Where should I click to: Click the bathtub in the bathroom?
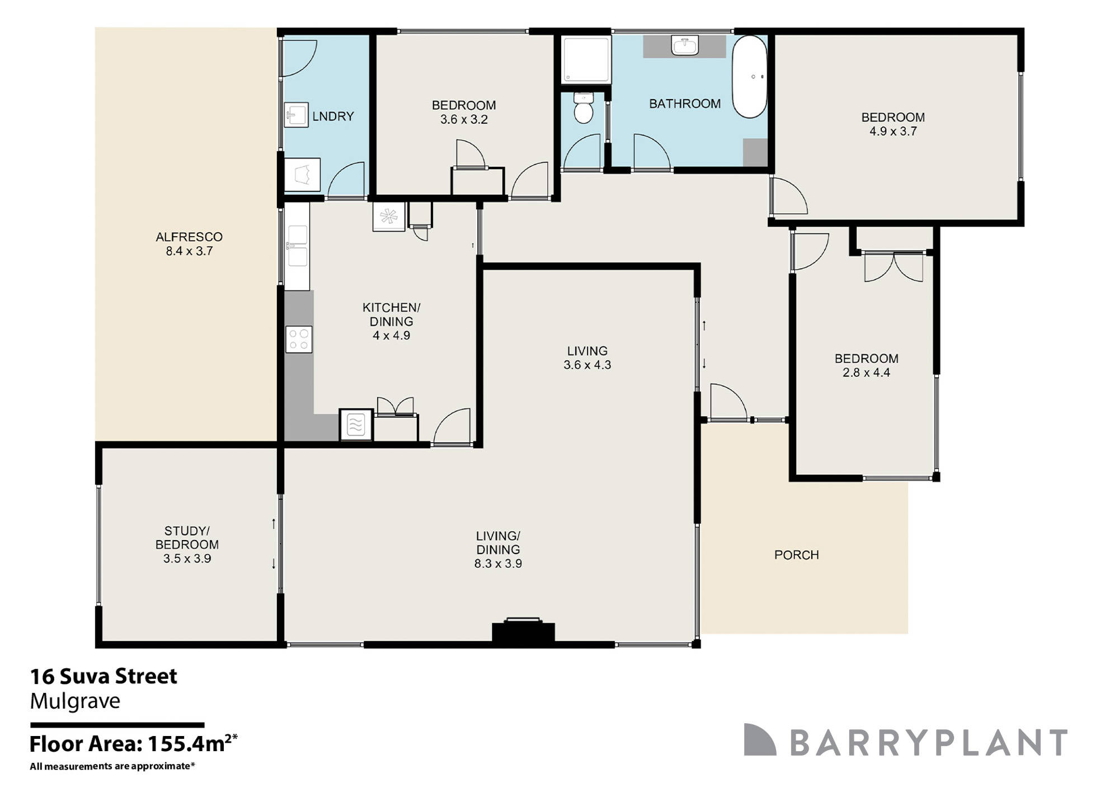pos(750,77)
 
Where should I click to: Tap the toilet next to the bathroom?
pos(584,109)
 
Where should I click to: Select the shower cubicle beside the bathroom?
pos(586,59)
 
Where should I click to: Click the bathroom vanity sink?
pos(685,46)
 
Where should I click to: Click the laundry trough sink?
pos(296,115)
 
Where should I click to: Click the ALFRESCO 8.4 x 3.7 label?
pos(189,244)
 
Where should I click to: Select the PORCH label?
pos(796,555)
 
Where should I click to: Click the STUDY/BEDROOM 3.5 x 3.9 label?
pos(187,544)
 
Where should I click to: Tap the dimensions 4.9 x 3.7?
pos(892,132)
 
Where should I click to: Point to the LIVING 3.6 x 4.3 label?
pos(587,358)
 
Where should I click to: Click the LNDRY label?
pos(333,116)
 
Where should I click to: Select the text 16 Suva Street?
pos(104,677)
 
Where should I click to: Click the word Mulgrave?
pos(75,701)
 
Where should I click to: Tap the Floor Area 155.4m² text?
pos(133,744)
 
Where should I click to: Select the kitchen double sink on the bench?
pos(297,246)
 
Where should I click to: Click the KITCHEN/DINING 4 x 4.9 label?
pos(391,321)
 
